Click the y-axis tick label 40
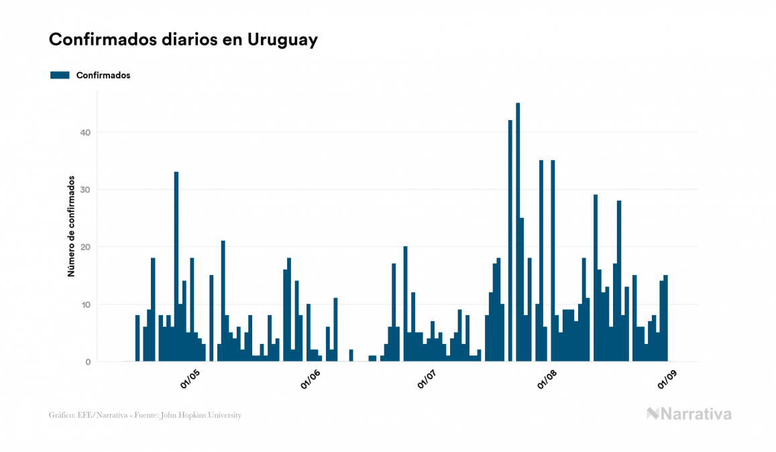click(85, 133)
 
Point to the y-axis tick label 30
click(85, 190)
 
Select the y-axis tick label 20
click(85, 247)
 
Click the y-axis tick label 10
click(85, 304)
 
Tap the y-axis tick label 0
click(88, 362)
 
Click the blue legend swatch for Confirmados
click(60, 75)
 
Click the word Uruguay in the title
click(282, 40)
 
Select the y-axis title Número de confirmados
click(70, 227)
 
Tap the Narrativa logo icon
click(653, 414)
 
